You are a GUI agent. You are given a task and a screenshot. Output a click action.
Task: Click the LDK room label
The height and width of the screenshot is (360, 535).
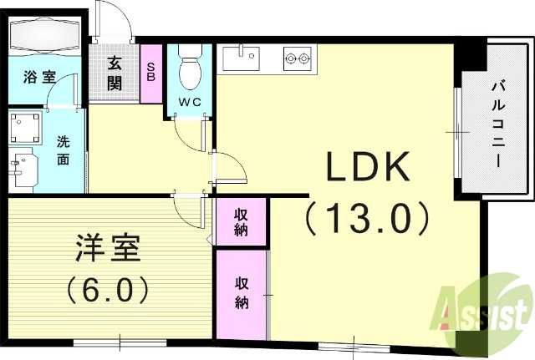pos(367,170)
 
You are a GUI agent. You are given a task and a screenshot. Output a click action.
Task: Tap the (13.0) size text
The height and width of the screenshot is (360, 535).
pos(367,219)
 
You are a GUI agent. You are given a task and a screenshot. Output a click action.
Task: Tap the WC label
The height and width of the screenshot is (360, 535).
pos(191,103)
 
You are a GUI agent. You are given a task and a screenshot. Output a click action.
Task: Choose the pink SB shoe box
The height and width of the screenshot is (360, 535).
pos(151,72)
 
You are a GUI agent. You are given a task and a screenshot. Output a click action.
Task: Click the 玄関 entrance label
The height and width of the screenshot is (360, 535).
pos(115,73)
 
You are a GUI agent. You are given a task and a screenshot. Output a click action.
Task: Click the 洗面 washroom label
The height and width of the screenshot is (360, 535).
pos(63,150)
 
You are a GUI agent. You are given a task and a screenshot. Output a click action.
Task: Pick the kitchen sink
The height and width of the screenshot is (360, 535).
pos(242,58)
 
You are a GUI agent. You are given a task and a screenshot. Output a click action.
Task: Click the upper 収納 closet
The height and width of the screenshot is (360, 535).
pos(242,221)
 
